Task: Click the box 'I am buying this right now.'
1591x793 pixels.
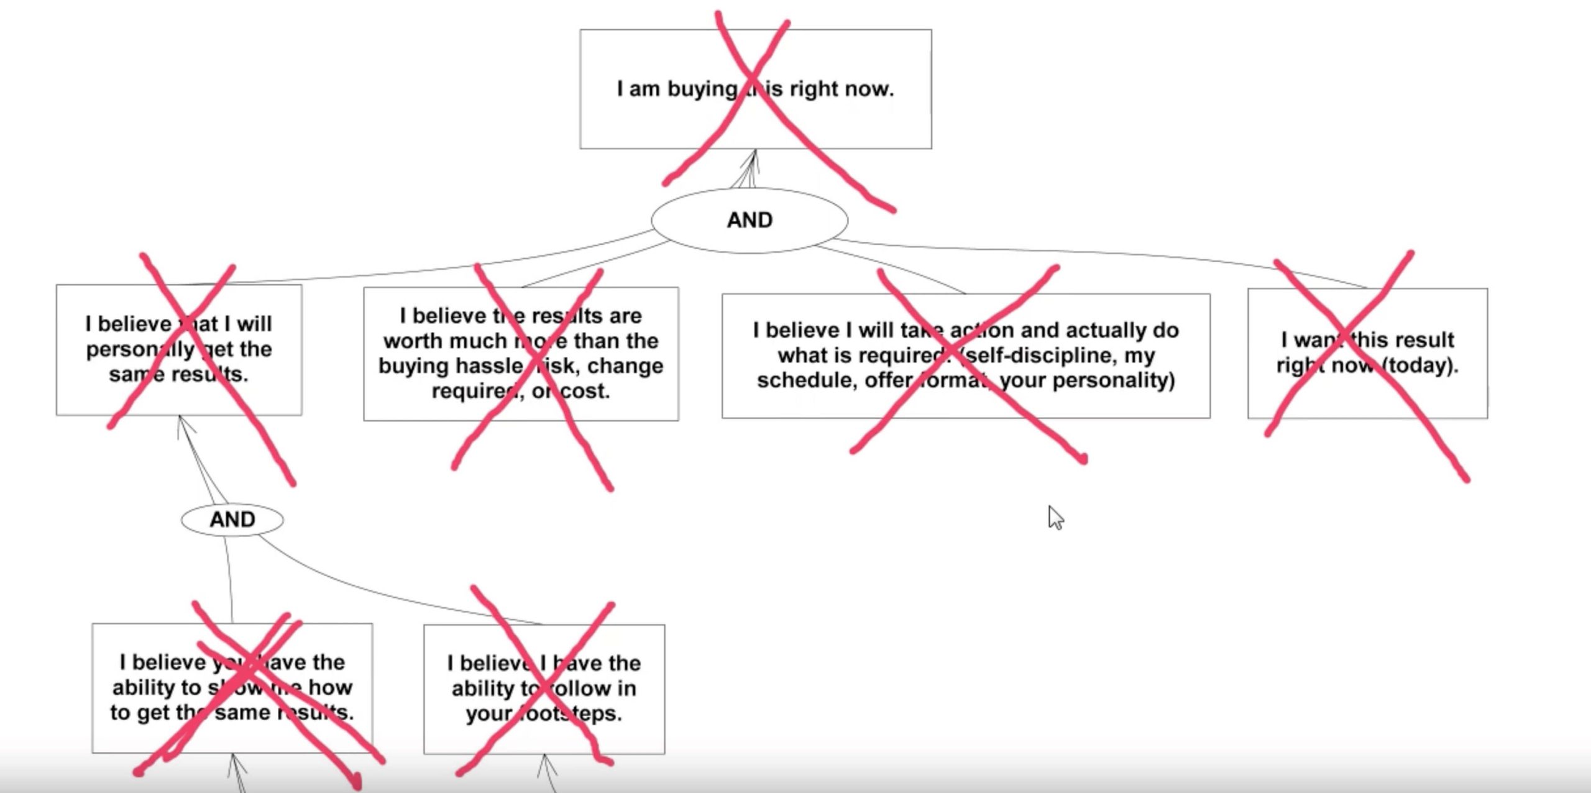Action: point(755,88)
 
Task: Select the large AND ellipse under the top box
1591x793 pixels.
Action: point(749,220)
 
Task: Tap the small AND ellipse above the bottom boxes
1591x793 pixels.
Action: point(232,520)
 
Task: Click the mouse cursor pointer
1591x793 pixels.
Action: point(1055,516)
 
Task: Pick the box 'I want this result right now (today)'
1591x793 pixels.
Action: point(1367,352)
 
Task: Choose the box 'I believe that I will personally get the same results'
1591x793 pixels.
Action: point(179,349)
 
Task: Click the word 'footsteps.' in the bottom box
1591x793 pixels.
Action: point(544,713)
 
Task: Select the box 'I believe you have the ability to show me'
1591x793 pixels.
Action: point(232,687)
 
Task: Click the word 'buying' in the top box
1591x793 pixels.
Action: point(702,89)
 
